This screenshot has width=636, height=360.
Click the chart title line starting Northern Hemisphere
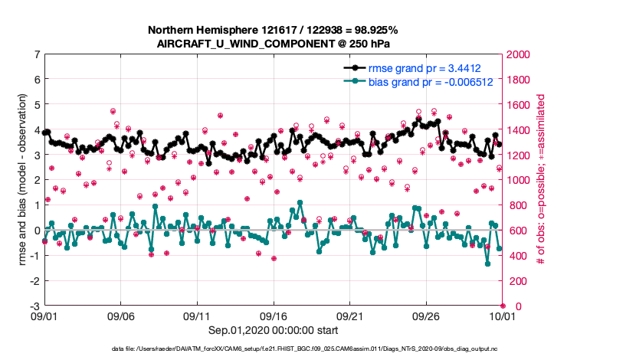point(274,30)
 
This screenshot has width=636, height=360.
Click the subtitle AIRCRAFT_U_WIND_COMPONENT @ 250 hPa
point(274,43)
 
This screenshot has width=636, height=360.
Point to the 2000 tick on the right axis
point(518,54)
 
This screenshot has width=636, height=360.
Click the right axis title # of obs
point(541,180)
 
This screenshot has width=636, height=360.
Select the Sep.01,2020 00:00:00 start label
point(274,330)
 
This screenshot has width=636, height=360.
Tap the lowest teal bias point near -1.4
point(487,263)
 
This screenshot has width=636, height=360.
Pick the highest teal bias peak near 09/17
point(299,203)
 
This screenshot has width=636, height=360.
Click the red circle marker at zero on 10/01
point(503,306)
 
